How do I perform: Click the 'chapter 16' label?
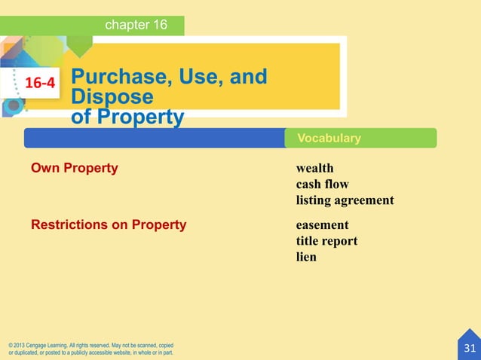click(x=136, y=26)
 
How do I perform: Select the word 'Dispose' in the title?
click(x=112, y=98)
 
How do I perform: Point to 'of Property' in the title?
click(x=127, y=117)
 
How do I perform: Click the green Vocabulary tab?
click(x=329, y=139)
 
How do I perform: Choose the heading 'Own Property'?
click(x=74, y=168)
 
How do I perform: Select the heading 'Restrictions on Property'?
click(x=108, y=224)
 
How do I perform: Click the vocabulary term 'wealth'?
click(x=314, y=168)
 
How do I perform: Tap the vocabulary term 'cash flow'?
click(x=322, y=185)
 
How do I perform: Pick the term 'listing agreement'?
click(x=345, y=201)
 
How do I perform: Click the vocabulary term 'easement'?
click(x=322, y=225)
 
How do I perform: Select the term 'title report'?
click(x=326, y=241)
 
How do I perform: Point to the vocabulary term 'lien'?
click(x=306, y=257)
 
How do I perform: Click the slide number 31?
click(x=470, y=348)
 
